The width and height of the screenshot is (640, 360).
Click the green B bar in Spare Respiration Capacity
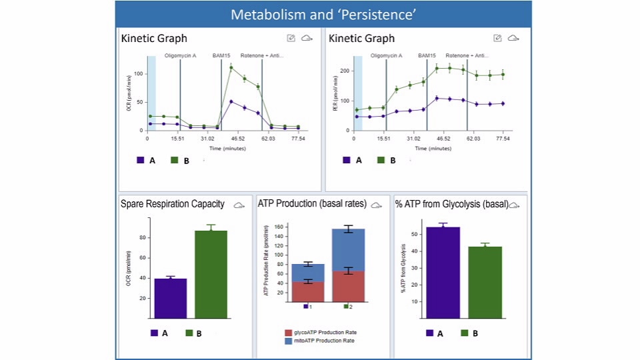tap(211, 274)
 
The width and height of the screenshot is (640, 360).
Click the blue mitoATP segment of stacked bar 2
tap(349, 250)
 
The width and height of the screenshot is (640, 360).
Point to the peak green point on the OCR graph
tap(231, 67)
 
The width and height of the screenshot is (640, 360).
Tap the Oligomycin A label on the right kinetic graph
tap(386, 56)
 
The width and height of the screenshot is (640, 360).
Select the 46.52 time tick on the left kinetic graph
tap(237, 139)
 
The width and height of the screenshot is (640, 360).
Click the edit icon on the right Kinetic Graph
tap(497, 39)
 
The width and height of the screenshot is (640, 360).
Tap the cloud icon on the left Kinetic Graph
tap(307, 39)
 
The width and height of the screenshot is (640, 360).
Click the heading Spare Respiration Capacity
tap(173, 204)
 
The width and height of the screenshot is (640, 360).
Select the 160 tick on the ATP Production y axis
tap(279, 227)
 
